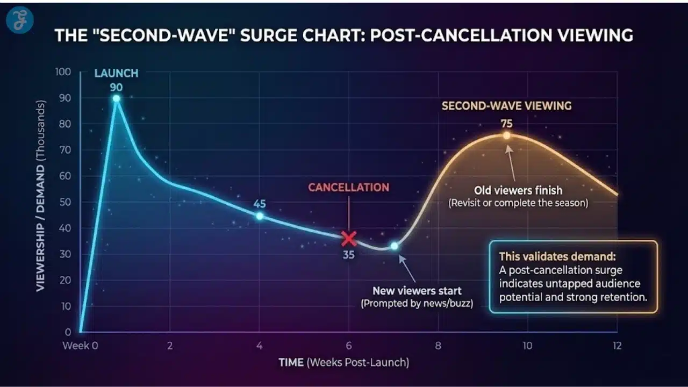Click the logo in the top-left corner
pos(20,20)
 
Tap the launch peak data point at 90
pos(116,98)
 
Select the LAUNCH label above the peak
pos(117,73)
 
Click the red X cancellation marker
pos(349,238)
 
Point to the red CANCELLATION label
pos(348,188)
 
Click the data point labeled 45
pos(260,216)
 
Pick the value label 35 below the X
pos(349,255)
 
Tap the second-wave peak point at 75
pos(506,135)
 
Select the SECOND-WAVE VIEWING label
pos(506,106)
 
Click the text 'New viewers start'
pos(417,291)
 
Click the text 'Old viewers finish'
pos(518,190)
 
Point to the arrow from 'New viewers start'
pos(407,269)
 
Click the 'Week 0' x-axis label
pos(80,346)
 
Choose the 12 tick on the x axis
pos(617,346)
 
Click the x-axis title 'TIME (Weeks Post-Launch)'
pos(344,362)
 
